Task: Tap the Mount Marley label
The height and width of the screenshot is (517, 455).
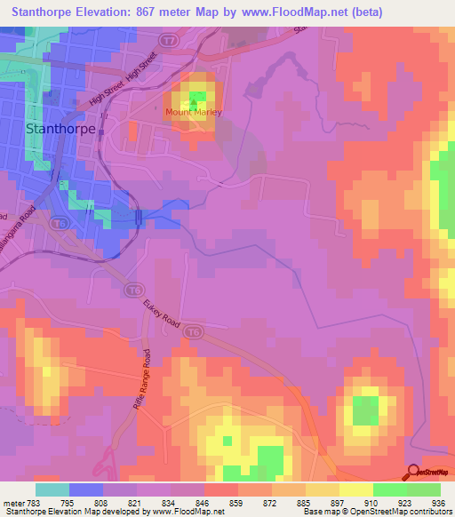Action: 193,113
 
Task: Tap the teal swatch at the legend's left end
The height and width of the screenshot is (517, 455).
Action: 52,489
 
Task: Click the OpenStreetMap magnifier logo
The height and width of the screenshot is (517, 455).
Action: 411,473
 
